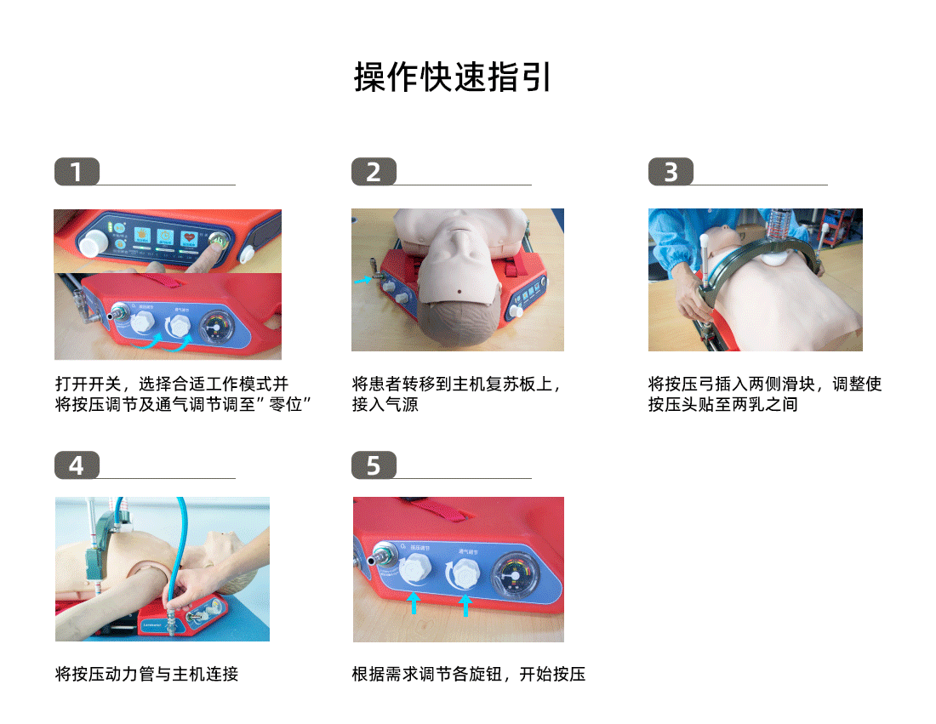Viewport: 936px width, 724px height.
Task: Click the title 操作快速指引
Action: (454, 77)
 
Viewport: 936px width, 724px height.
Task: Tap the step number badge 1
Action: (77, 172)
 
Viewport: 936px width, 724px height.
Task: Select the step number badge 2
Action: (374, 172)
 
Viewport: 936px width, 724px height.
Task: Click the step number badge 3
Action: (671, 172)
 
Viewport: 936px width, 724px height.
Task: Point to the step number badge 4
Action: (77, 465)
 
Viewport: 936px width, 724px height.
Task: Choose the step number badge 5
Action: (374, 465)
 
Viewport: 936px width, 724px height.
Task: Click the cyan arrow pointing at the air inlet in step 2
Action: (362, 278)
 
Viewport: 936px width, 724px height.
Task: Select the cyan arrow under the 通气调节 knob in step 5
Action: (465, 604)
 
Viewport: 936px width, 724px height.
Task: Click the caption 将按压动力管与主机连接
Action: (146, 675)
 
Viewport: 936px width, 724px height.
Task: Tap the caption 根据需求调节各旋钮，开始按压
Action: (469, 675)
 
